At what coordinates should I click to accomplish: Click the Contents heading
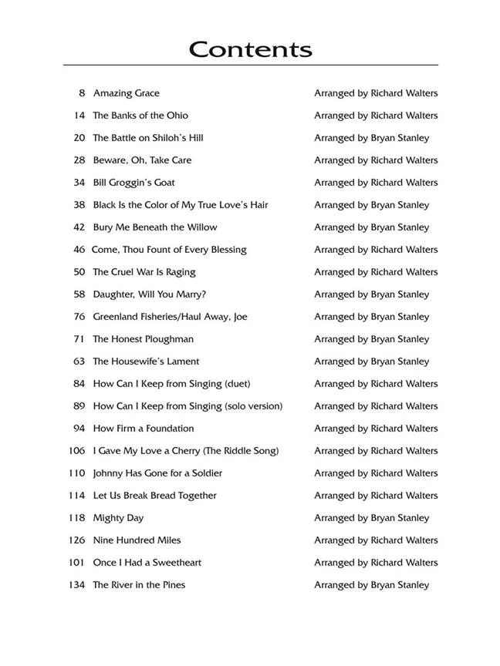coord(250,49)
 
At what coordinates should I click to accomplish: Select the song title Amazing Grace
coord(126,93)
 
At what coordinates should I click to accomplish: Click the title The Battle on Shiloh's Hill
coord(147,138)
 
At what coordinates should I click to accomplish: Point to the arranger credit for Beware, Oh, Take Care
coord(375,160)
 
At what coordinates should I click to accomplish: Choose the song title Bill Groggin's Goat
coord(133,183)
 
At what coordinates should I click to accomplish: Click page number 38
coord(79,205)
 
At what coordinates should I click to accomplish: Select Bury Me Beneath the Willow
coord(154,227)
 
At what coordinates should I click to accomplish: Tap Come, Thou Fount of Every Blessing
coord(169,250)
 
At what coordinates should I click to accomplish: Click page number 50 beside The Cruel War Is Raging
coord(79,272)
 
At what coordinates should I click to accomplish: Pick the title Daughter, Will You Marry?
coord(149,294)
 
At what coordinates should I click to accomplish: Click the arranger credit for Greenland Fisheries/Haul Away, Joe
coord(371,317)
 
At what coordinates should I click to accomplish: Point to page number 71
coord(79,339)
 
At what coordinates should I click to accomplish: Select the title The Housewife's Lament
coord(146,362)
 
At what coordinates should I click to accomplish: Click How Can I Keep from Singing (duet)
coord(171,384)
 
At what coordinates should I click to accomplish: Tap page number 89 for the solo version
coord(79,406)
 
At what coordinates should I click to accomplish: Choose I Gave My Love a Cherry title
coord(185,451)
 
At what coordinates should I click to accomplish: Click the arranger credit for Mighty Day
coord(371,518)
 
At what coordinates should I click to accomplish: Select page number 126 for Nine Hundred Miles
coord(76,540)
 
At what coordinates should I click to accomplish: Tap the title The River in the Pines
coord(139,585)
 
